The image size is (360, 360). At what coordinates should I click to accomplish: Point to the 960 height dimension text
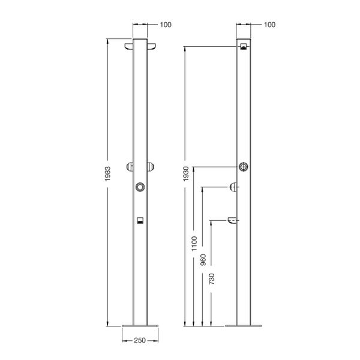[x=203, y=259]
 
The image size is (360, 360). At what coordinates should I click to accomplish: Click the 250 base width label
[x=140, y=340]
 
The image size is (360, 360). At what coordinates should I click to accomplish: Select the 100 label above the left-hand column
[x=166, y=25]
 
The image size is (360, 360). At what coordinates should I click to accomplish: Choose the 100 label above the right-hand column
[x=269, y=25]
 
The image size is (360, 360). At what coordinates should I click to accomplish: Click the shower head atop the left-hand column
[x=140, y=46]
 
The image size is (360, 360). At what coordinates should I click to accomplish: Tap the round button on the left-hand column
[x=140, y=187]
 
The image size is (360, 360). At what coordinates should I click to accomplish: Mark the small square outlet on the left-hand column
[x=140, y=220]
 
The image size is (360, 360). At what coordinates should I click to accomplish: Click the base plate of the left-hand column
[x=140, y=326]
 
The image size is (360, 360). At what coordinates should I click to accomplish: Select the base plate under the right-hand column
[x=244, y=326]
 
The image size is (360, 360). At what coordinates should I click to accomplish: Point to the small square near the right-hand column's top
[x=244, y=47]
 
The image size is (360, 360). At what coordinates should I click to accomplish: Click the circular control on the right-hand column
[x=244, y=167]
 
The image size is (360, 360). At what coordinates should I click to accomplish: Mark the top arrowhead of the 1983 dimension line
[x=107, y=41]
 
